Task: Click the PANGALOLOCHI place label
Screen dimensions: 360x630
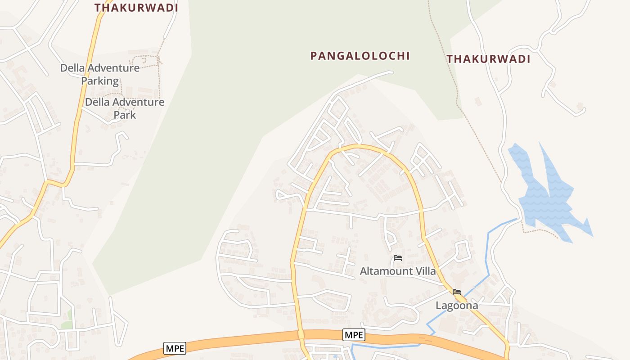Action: [x=360, y=56]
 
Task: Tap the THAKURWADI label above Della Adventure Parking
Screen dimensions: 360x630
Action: [x=136, y=8]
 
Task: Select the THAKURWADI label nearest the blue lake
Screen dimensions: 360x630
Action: [x=488, y=59]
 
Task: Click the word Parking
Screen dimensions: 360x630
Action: [x=100, y=81]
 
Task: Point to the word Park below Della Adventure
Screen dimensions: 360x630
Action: [x=125, y=115]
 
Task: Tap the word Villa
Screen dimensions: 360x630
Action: [x=425, y=271]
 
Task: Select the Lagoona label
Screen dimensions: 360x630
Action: [x=456, y=306]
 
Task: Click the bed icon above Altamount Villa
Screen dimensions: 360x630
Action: [x=397, y=258]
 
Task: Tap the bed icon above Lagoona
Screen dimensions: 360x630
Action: [x=457, y=292]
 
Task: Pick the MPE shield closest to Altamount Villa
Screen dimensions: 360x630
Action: [x=354, y=335]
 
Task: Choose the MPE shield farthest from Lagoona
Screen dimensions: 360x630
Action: [x=174, y=348]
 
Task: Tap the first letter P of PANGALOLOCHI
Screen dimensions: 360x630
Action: [x=314, y=56]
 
